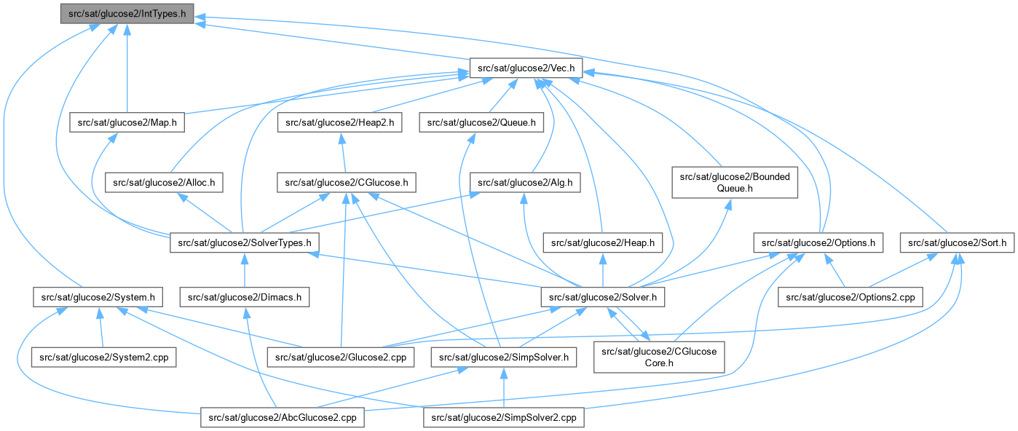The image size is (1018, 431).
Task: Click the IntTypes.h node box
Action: click(127, 13)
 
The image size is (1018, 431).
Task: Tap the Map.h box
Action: click(127, 122)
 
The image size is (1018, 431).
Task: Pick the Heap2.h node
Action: click(339, 122)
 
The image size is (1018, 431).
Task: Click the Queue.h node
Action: click(481, 122)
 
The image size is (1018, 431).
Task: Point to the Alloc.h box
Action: click(164, 182)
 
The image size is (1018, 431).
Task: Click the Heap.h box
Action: click(603, 242)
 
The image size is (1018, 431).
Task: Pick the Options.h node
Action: click(818, 242)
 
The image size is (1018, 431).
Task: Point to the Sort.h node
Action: click(957, 242)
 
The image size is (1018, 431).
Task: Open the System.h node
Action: click(98, 297)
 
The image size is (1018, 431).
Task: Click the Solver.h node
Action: click(602, 297)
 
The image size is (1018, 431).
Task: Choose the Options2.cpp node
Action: click(851, 297)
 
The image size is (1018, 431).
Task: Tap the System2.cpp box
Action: click(103, 357)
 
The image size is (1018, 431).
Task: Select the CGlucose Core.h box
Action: click(659, 357)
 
